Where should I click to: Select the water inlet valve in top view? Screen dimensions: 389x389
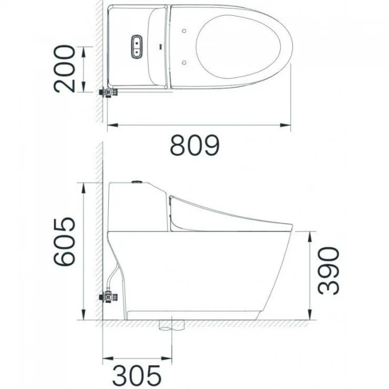108,92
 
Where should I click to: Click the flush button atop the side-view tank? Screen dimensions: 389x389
137,182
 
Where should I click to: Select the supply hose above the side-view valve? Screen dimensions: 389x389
113,275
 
